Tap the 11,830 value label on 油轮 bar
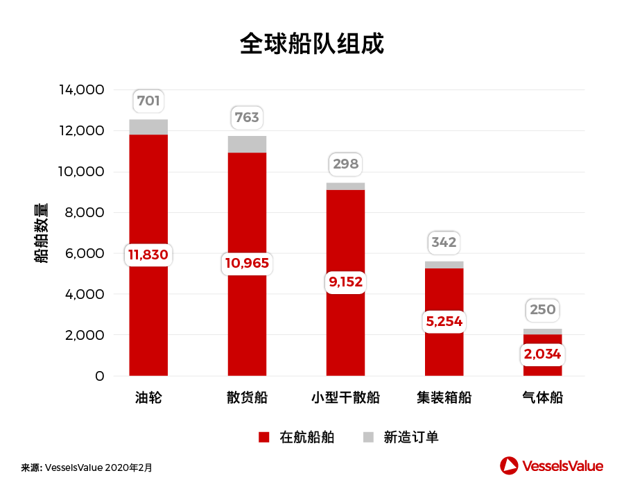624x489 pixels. click(148, 255)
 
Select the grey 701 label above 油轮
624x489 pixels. click(148, 101)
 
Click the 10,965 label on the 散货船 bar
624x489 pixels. click(247, 263)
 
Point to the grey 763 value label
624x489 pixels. click(247, 117)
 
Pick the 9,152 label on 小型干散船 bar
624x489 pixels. click(345, 282)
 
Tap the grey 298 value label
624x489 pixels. click(345, 164)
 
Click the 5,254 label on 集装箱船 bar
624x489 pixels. click(444, 321)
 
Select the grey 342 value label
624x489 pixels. click(444, 243)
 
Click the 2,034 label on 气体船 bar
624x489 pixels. click(542, 354)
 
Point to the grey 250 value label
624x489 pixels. click(542, 309)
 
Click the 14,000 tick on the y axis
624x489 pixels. click(81, 90)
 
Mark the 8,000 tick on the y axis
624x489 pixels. click(85, 213)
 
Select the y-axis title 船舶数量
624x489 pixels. click(41, 233)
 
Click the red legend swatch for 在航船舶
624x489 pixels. click(263, 437)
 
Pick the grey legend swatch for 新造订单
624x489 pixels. click(368, 437)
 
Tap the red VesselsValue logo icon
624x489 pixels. click(510, 465)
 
